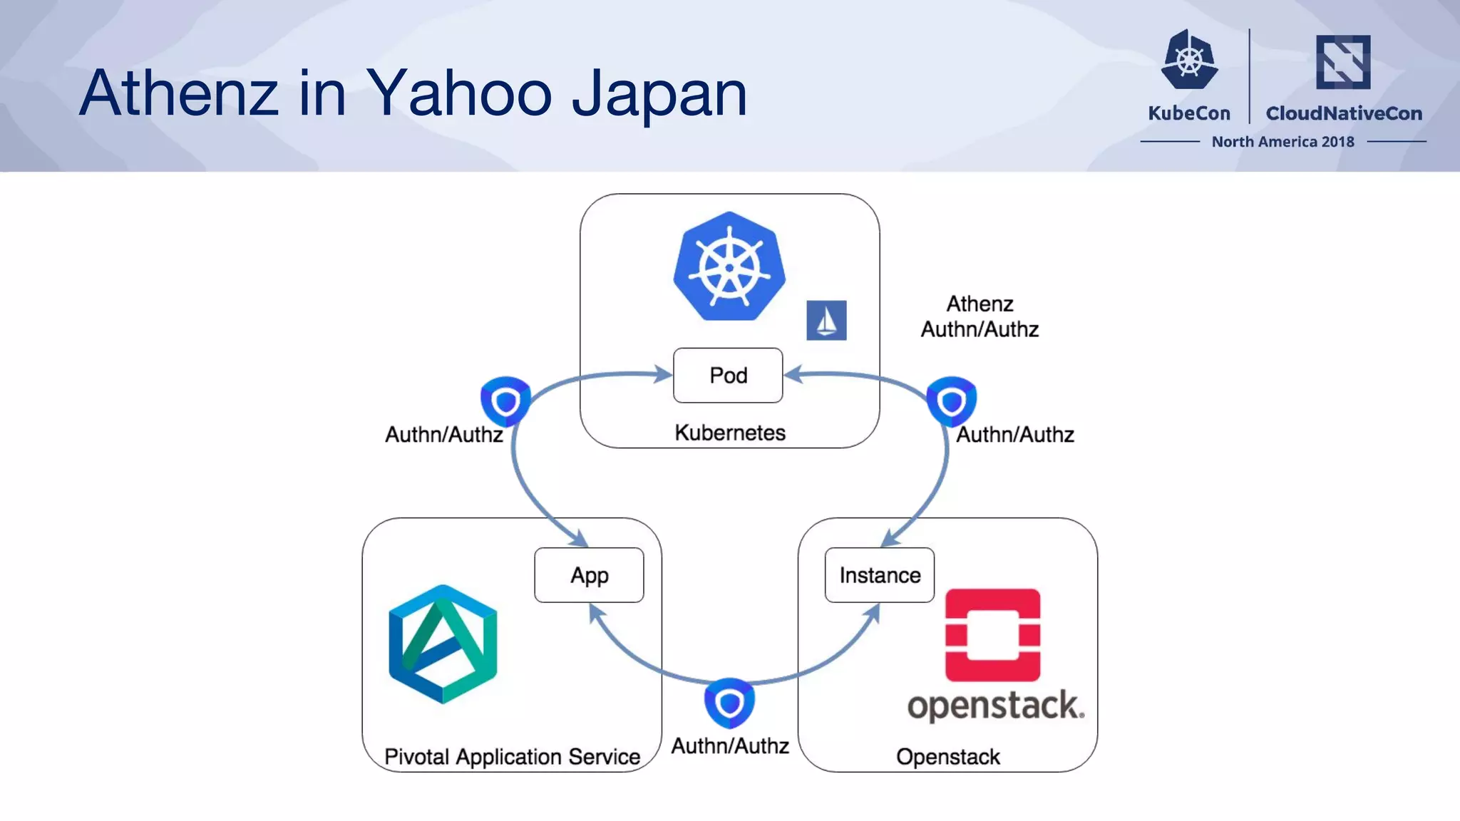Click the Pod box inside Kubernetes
tap(728, 376)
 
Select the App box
tap(589, 575)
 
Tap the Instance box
tap(880, 575)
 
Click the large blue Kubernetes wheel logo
tap(729, 267)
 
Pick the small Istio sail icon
tap(826, 321)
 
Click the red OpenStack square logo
tap(992, 635)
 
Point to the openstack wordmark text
tap(995, 706)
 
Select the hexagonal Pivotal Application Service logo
tap(443, 644)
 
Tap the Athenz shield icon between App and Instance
tap(729, 703)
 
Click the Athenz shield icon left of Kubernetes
tap(505, 401)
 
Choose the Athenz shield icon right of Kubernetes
tap(951, 401)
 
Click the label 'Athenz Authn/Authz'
tap(980, 316)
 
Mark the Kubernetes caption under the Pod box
tap(730, 433)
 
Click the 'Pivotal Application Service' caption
tap(512, 756)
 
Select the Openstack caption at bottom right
tap(947, 756)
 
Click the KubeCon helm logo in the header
tap(1189, 60)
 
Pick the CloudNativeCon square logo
tap(1343, 62)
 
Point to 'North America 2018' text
tap(1282, 142)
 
